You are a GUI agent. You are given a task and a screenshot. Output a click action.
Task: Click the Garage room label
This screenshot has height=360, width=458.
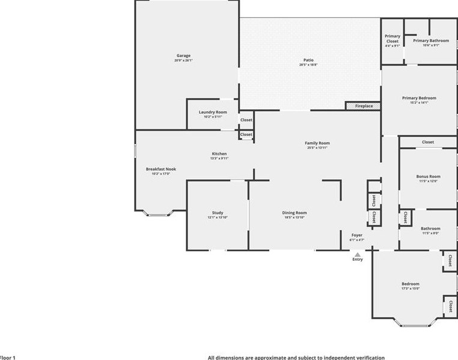[183, 56]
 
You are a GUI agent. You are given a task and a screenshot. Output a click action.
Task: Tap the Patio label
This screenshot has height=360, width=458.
[308, 60]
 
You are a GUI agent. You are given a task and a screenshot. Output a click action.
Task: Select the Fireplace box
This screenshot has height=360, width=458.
[363, 106]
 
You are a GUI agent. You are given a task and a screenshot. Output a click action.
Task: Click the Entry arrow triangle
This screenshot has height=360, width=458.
[357, 254]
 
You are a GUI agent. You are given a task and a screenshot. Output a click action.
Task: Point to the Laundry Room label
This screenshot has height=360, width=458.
[213, 112]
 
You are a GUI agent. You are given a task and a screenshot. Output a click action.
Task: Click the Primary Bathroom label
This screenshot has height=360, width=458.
[430, 40]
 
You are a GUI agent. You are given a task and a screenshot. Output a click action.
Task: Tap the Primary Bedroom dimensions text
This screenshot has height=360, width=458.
[419, 103]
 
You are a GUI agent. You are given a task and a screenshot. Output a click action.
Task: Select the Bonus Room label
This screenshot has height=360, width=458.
[428, 177]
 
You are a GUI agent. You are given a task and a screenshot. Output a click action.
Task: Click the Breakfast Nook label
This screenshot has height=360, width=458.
[161, 169]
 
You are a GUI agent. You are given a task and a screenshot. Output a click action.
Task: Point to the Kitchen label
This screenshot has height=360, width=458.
[219, 154]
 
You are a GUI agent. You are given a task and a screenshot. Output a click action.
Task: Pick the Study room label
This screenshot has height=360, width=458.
[218, 213]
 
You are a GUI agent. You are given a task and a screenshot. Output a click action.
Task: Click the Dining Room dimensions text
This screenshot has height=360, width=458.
[295, 218]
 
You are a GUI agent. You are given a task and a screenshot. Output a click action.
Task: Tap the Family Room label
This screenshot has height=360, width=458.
[317, 143]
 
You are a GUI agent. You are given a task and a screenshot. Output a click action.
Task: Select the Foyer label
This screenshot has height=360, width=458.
[357, 235]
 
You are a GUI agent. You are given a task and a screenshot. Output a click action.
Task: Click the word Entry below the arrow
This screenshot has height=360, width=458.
[358, 260]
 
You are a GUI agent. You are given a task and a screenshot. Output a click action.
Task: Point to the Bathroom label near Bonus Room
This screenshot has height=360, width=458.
[430, 228]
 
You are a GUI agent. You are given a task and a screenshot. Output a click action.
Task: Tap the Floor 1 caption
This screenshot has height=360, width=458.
[8, 357]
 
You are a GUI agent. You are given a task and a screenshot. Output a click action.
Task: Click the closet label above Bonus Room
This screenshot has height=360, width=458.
[428, 142]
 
